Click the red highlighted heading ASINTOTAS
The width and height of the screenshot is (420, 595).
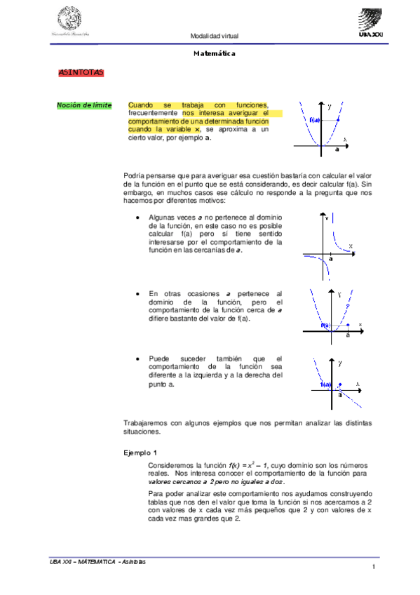click(x=81, y=72)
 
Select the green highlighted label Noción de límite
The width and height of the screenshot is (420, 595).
click(x=84, y=105)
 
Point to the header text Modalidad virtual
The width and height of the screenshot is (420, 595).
click(x=215, y=36)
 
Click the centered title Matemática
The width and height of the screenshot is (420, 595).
click(x=214, y=53)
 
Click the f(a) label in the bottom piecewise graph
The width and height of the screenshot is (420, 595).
click(x=325, y=385)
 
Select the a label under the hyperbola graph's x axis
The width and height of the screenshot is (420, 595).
click(x=331, y=258)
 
